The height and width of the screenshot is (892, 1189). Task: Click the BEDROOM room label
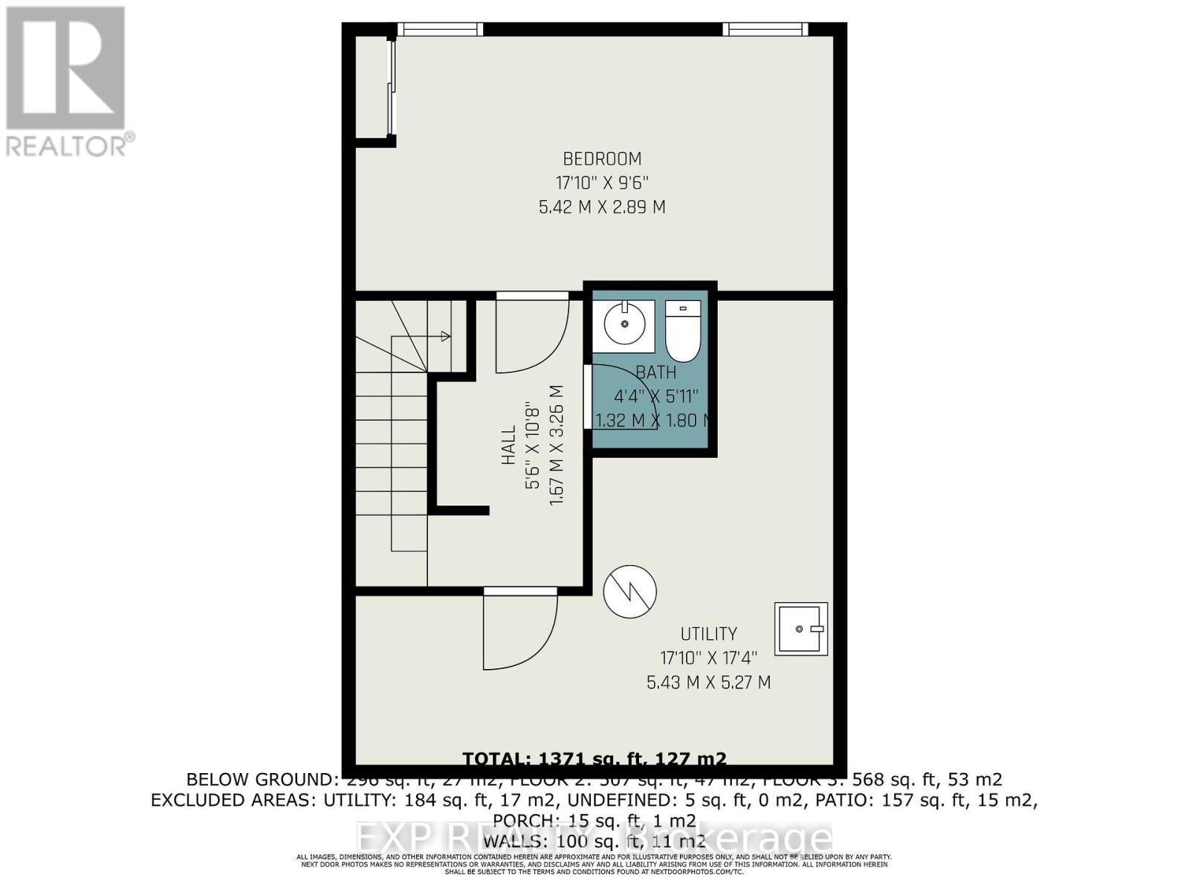(602, 158)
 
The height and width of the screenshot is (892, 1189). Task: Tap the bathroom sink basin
(623, 325)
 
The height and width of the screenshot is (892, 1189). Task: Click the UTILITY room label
(709, 634)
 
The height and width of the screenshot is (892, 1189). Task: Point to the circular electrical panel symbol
(629, 592)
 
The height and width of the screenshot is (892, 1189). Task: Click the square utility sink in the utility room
(800, 629)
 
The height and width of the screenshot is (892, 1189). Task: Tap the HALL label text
(508, 445)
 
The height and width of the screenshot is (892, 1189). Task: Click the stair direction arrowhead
(446, 337)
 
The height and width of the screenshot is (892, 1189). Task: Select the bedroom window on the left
(440, 29)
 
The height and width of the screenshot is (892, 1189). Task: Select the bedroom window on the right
(765, 29)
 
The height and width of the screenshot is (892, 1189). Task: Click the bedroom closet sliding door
(391, 87)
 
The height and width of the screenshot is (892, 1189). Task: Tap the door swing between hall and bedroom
(531, 334)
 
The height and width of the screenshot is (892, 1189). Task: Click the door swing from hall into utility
(519, 632)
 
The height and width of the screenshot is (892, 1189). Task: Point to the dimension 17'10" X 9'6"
(602, 183)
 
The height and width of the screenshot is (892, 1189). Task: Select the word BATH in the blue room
(655, 372)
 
